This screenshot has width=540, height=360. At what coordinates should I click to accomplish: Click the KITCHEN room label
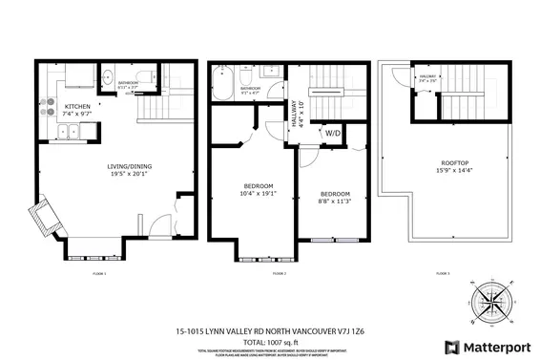click(x=79, y=106)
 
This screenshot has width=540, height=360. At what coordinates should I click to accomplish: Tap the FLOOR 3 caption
click(x=441, y=273)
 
